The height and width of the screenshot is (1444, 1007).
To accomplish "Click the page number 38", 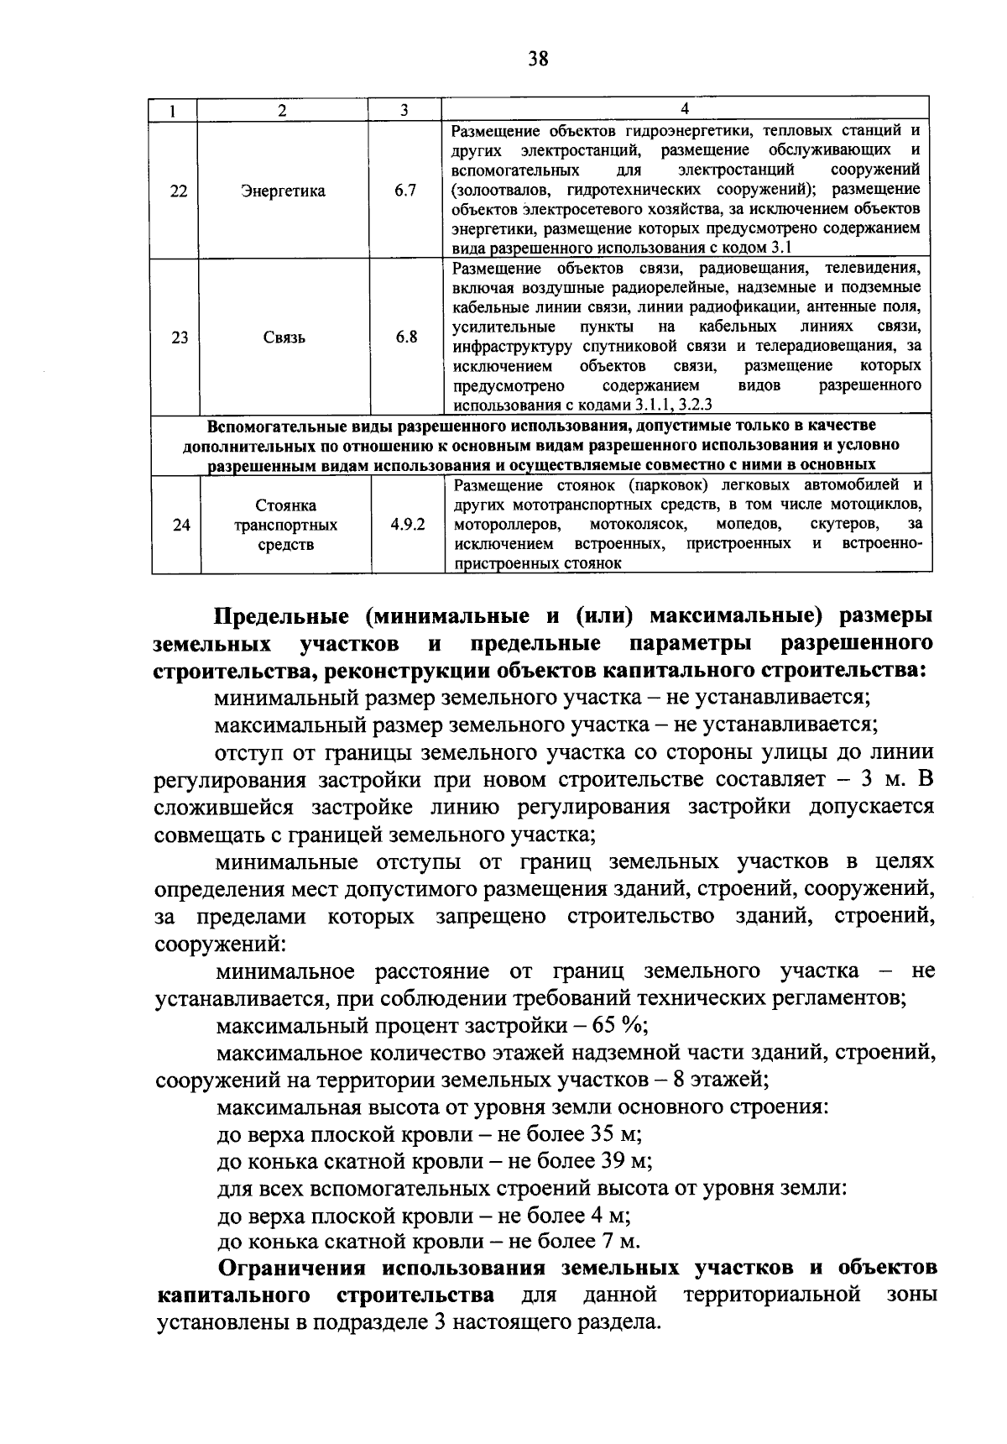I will click(x=539, y=58).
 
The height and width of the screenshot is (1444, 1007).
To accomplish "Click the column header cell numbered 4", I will click(x=686, y=109).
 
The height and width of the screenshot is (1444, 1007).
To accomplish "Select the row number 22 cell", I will click(x=178, y=191).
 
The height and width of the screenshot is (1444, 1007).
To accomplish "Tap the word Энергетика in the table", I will click(x=284, y=191).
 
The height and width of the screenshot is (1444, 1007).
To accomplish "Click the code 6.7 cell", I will click(x=406, y=191).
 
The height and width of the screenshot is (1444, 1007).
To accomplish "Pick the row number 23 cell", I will click(x=178, y=337).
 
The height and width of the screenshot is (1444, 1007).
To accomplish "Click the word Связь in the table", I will click(x=284, y=337).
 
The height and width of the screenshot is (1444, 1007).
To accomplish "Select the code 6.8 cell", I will click(x=406, y=337).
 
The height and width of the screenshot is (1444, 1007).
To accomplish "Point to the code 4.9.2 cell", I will click(x=407, y=525).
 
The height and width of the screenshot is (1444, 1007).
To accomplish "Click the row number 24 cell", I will click(x=178, y=525).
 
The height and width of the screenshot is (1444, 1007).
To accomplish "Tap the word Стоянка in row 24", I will click(x=285, y=505).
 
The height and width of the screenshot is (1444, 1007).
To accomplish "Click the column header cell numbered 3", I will click(x=404, y=109).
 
